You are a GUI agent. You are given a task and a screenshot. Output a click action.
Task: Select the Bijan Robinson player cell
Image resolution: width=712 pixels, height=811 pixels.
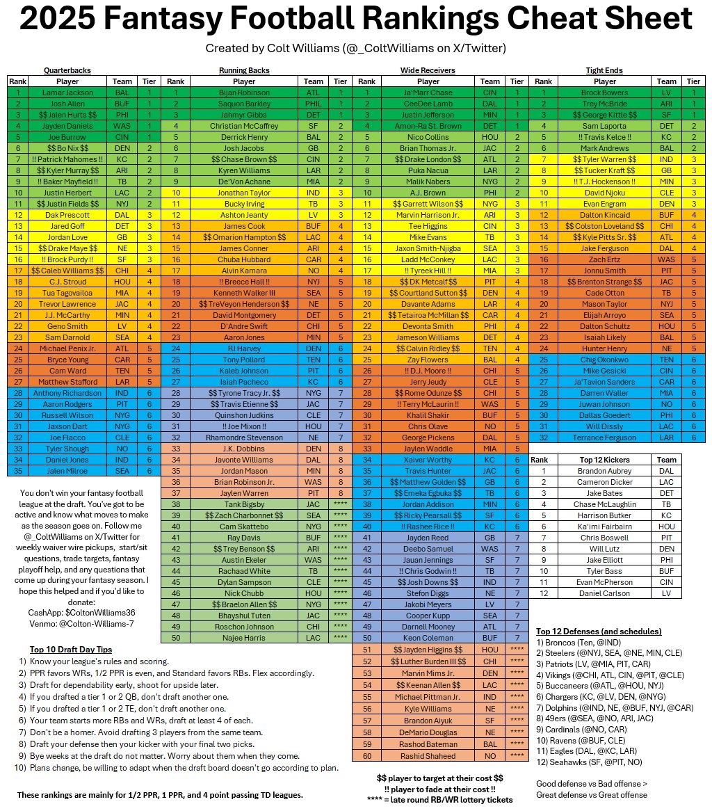244,92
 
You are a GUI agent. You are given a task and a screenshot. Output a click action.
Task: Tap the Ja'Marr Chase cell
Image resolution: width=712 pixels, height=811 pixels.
428,92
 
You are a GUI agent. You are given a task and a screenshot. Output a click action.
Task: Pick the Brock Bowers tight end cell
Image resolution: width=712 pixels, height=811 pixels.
604,92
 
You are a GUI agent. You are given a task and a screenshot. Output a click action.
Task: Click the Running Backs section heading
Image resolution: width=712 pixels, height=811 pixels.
244,70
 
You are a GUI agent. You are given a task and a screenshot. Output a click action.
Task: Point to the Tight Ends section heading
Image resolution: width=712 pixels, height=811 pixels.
604,70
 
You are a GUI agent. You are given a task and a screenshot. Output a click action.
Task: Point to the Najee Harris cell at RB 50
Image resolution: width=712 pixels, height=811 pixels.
244,638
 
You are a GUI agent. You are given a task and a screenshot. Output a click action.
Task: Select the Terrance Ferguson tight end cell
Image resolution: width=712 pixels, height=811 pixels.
604,437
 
